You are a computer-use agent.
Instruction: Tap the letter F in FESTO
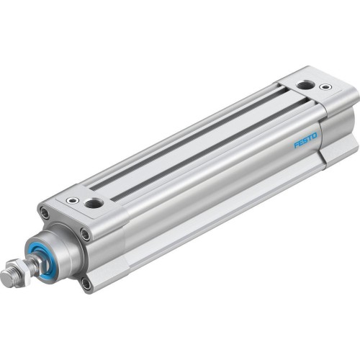296,143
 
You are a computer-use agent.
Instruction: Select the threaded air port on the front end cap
93,204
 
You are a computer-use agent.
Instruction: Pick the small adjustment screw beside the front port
71,202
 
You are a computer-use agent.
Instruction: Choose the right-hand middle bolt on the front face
86,234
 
